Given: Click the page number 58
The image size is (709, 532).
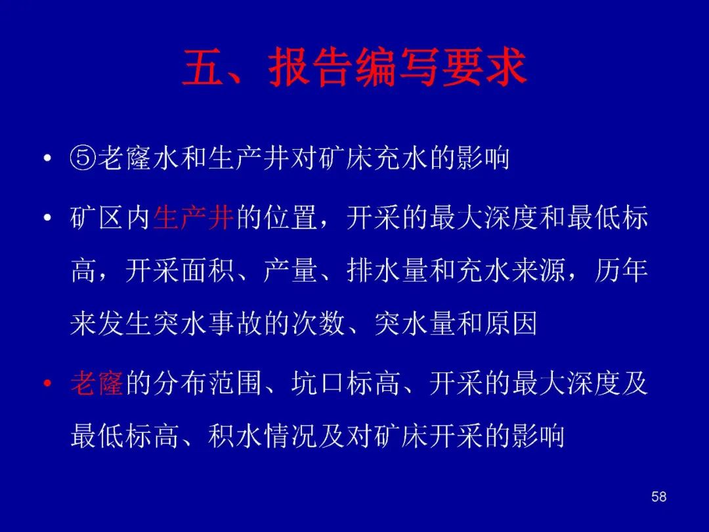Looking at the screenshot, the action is (x=659, y=497).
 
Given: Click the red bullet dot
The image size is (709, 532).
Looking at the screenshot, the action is (x=47, y=384).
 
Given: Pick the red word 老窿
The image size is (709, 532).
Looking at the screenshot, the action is (x=97, y=383).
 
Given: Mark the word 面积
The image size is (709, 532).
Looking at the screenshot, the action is (x=207, y=271).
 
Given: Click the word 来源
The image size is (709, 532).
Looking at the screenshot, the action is (x=539, y=271).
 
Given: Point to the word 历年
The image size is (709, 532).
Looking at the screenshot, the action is (x=622, y=271).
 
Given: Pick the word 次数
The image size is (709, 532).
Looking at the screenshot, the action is (x=318, y=324).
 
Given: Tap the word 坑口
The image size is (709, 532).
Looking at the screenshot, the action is (x=318, y=383).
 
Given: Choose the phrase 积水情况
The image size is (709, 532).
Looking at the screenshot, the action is (x=263, y=436).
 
